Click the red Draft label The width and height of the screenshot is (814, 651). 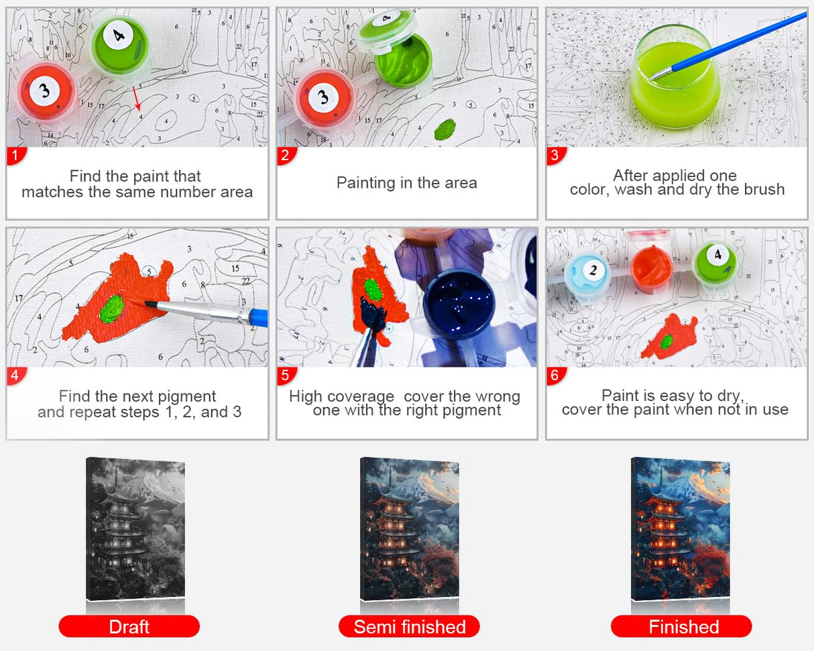pyautogui.click(x=129, y=626)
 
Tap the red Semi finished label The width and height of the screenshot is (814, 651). pyautogui.click(x=409, y=626)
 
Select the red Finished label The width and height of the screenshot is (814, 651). pyautogui.click(x=681, y=626)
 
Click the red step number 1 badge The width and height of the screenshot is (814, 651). pyautogui.click(x=15, y=156)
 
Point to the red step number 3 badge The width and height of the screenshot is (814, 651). pyautogui.click(x=555, y=156)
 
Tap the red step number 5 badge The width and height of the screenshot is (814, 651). pyautogui.click(x=286, y=375)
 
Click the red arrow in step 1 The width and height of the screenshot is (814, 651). pyautogui.click(x=137, y=98)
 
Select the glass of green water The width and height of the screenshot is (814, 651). pyautogui.click(x=675, y=77)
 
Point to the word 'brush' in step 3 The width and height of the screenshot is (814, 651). pyautogui.click(x=764, y=189)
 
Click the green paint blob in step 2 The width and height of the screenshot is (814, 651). pyautogui.click(x=445, y=129)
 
